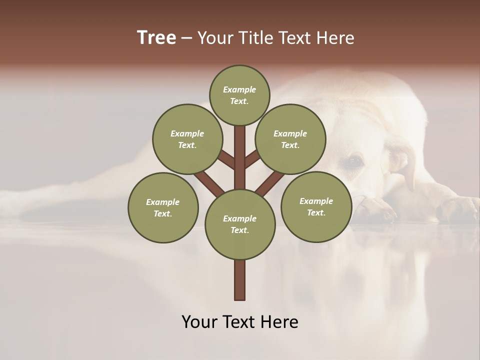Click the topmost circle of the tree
239,95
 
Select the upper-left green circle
187,139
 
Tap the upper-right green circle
290,139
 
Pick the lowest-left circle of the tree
163,207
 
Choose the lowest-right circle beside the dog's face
316,206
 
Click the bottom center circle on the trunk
239,224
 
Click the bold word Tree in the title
156,38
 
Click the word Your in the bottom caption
199,322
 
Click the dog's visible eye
354,161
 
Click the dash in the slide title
186,38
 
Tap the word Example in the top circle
239,89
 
